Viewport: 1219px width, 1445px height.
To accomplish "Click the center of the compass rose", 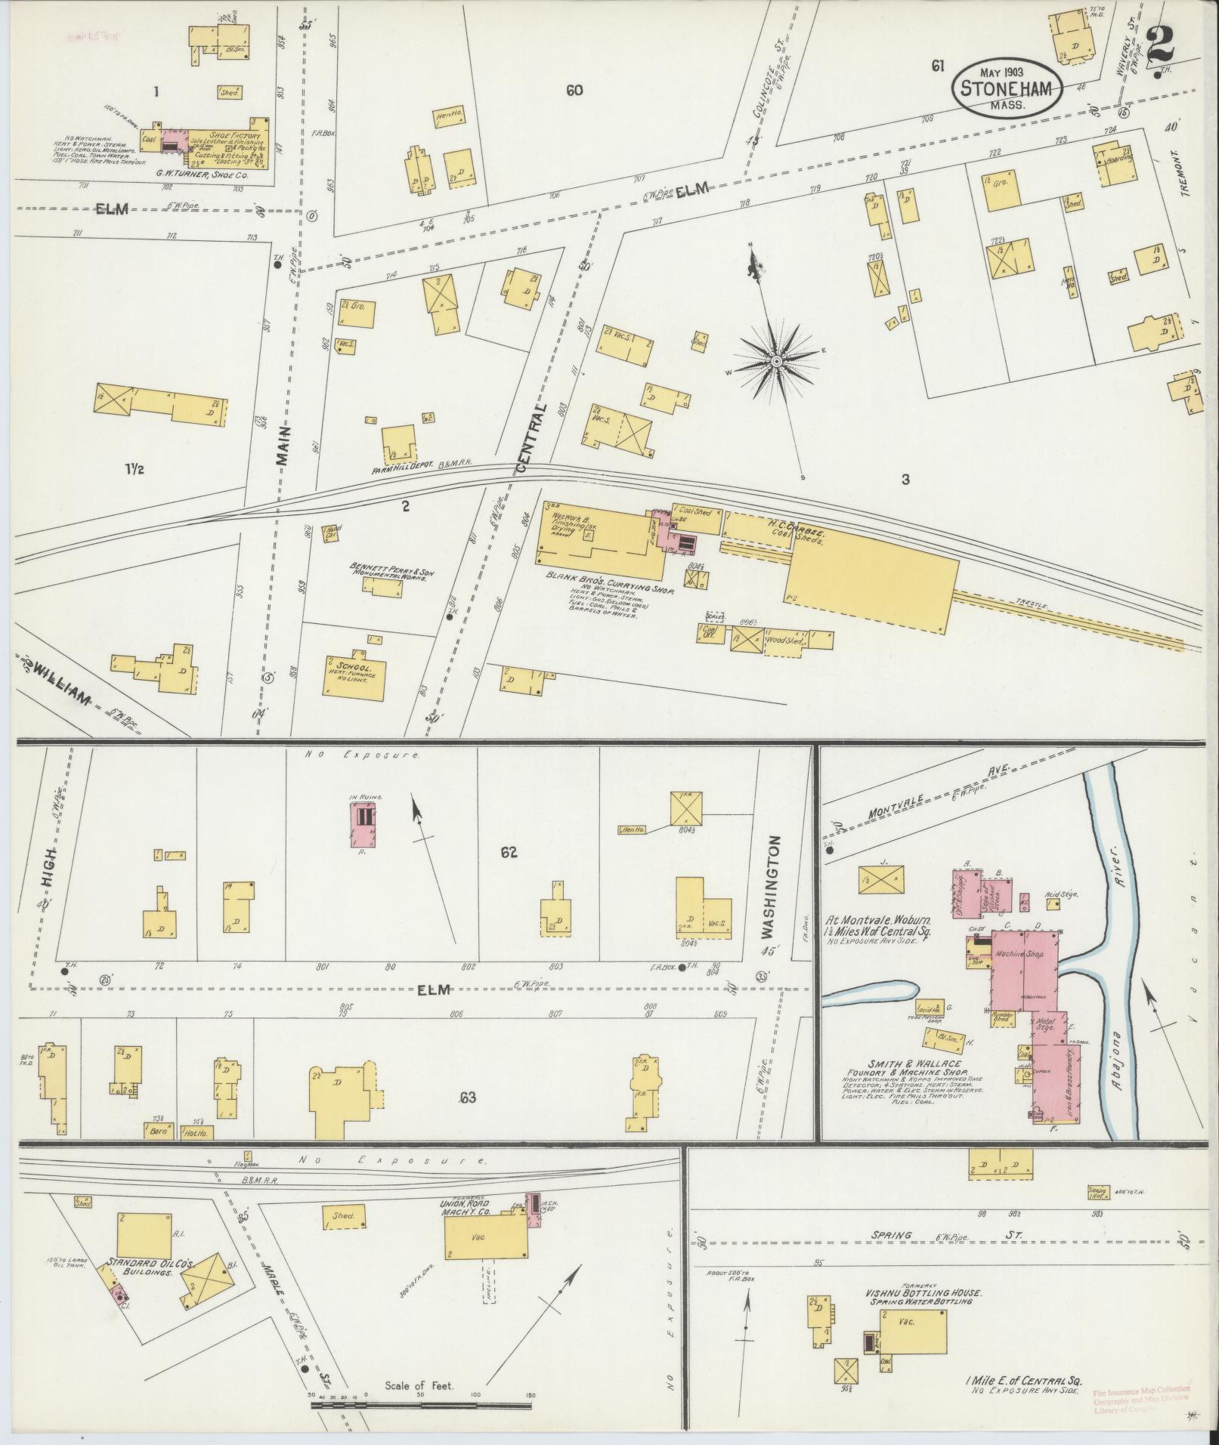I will (776, 362).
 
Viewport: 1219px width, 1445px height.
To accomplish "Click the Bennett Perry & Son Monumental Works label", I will (386, 570).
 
